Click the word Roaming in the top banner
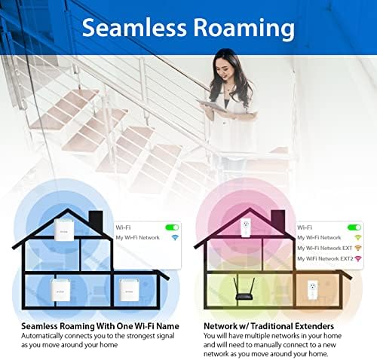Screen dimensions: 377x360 [x=244, y=29]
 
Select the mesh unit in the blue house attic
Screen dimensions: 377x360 [x=64, y=230]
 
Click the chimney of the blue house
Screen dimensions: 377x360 [x=96, y=221]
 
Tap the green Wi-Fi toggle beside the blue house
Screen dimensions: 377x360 [x=172, y=227]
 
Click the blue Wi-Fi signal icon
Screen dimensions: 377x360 [x=175, y=237]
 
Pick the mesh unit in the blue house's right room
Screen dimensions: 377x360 [x=129, y=290]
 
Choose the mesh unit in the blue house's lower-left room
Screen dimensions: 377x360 [x=61, y=290]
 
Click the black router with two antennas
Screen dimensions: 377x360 [x=244, y=289]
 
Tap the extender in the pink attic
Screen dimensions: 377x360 [x=246, y=228]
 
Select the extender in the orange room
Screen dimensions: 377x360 [x=312, y=290]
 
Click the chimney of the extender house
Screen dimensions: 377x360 [x=277, y=221]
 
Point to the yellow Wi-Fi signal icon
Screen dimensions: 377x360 [x=357, y=237]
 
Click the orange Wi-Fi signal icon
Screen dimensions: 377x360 [x=357, y=248]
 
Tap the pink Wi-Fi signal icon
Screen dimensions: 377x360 [x=357, y=258]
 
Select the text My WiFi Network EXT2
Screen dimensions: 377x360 [x=325, y=258]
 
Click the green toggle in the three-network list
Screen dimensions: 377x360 [x=354, y=227]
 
